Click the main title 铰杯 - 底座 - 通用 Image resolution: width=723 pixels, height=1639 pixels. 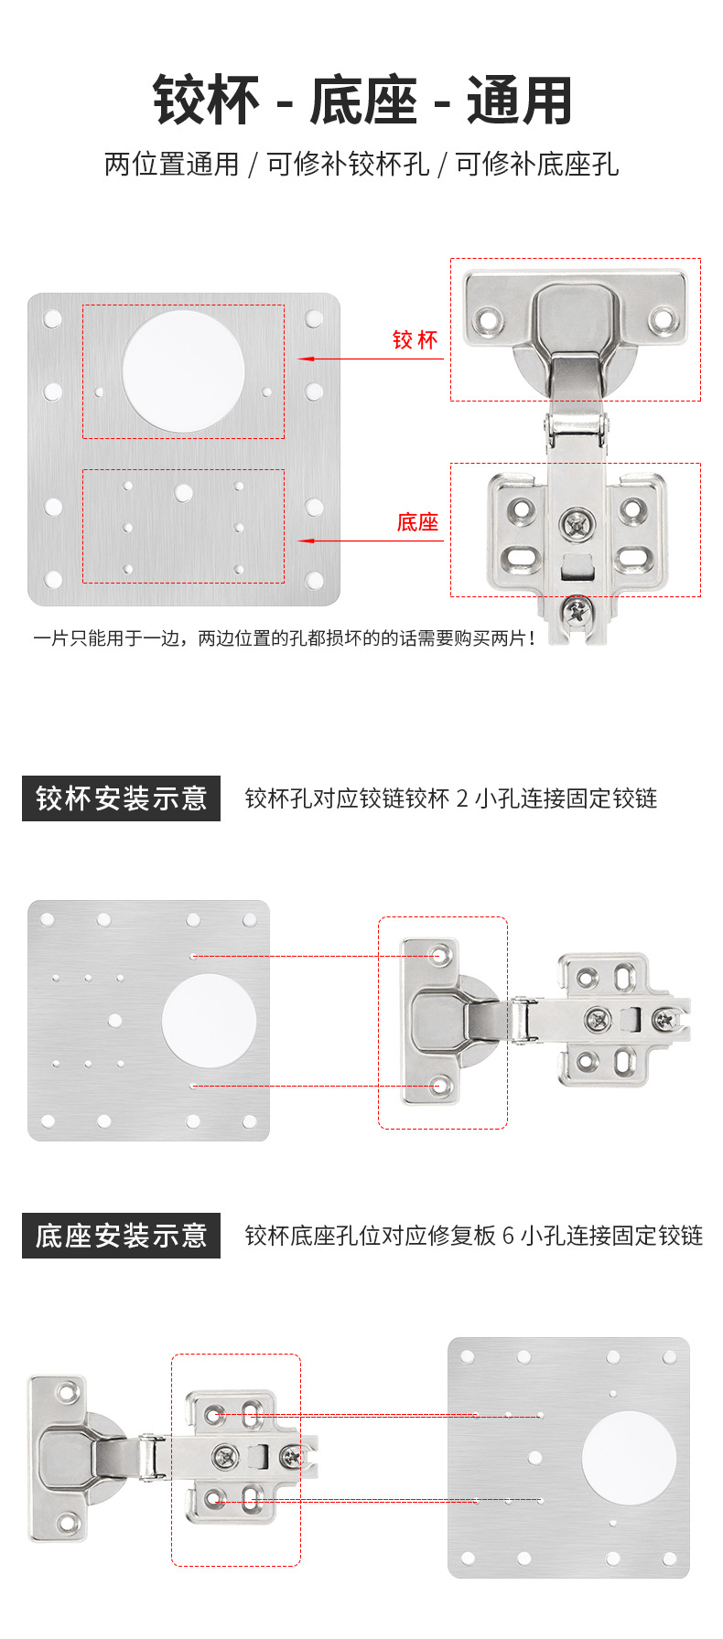point(362,101)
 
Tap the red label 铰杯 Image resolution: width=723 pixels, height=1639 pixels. point(415,340)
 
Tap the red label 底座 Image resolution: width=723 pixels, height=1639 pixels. point(417,522)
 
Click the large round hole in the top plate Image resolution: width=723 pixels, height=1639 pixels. point(183,371)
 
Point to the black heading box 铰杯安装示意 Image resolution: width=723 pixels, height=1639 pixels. point(121,798)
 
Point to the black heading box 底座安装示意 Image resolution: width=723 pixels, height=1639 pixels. point(121,1236)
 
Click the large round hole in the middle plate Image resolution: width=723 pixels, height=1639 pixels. point(209,1021)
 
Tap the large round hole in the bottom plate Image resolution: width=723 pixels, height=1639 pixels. point(629,1458)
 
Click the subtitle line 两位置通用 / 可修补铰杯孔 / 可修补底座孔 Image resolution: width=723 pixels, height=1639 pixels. point(361,165)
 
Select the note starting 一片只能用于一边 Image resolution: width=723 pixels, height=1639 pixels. point(284,638)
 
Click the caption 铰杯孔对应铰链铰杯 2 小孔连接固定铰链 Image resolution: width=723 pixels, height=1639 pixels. point(451,798)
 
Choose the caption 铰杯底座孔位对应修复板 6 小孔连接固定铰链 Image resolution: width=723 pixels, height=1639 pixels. point(473,1236)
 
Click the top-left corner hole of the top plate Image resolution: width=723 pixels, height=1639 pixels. point(52,319)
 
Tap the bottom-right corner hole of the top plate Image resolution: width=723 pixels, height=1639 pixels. point(314,580)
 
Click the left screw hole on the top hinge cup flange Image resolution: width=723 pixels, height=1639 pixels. point(487,321)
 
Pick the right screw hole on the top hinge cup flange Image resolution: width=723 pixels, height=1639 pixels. point(662,319)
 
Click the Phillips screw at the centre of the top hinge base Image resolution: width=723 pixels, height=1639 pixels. point(577,525)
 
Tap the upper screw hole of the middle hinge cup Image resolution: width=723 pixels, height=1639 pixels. point(440,956)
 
